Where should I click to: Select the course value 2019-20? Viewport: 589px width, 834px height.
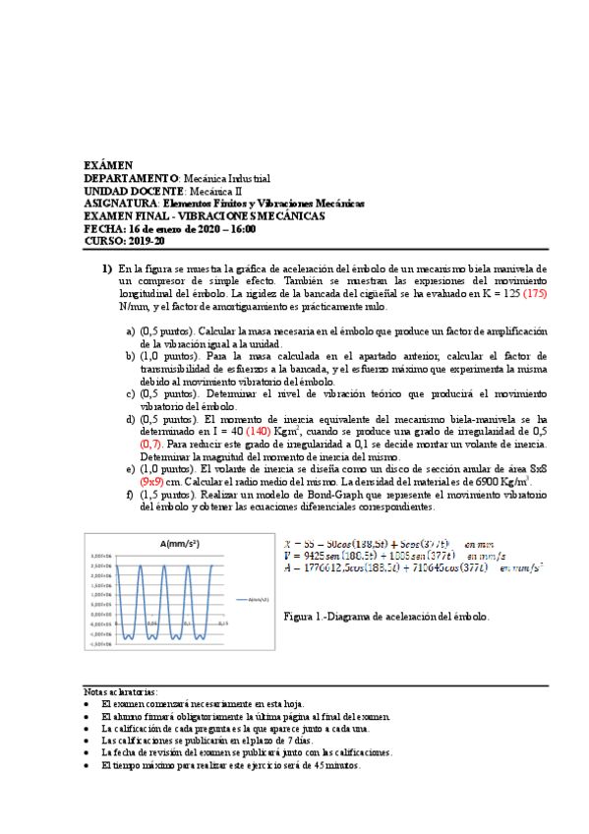pos(148,241)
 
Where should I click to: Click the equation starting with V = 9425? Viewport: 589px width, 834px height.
pos(370,555)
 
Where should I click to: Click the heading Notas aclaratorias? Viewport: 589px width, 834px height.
pos(121,691)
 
